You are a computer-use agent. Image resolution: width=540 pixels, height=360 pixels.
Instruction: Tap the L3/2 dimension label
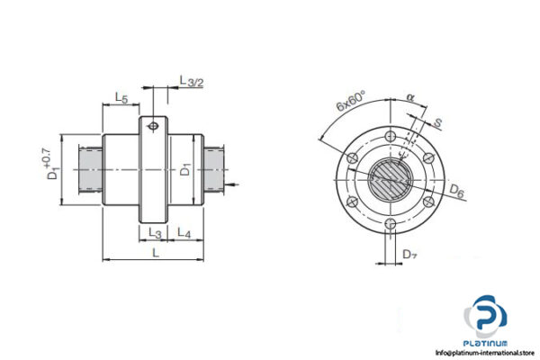pyautogui.click(x=191, y=82)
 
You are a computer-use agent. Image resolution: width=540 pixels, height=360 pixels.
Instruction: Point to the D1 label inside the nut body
pyautogui.click(x=184, y=168)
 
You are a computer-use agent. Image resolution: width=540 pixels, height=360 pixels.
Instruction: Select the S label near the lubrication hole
pyautogui.click(x=436, y=121)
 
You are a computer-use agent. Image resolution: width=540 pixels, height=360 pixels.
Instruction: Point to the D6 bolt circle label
pyautogui.click(x=457, y=192)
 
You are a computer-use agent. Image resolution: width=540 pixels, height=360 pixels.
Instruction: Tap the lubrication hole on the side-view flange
pyautogui.click(x=155, y=126)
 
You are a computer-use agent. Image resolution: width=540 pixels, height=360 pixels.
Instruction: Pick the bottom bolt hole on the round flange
pyautogui.click(x=389, y=225)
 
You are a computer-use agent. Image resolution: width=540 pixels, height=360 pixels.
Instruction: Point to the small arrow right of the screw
pyautogui.click(x=235, y=185)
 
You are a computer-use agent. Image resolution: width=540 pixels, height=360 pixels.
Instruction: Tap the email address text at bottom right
pyautogui.click(x=486, y=352)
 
